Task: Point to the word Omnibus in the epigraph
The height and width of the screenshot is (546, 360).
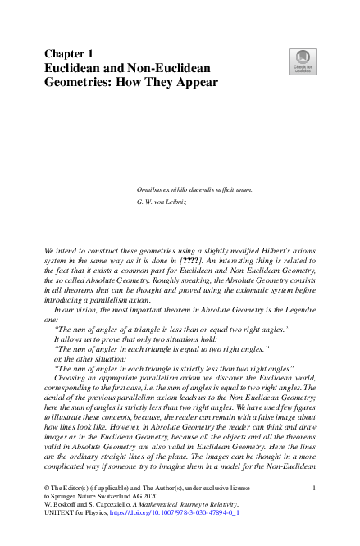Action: pos(152,189)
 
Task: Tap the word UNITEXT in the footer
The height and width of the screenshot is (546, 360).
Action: pos(62,520)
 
